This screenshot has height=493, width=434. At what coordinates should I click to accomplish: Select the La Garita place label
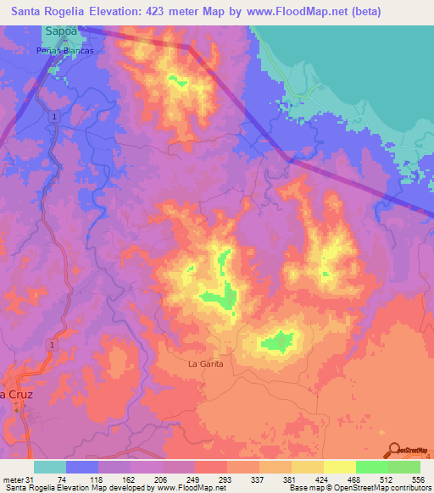pos(204,364)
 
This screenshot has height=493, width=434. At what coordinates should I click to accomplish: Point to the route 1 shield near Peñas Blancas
pos(54,115)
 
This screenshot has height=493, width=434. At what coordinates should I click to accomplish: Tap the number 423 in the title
pos(182,12)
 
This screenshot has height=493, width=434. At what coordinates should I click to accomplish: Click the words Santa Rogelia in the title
pos(48,12)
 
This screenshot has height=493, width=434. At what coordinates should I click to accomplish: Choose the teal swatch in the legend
pos(50,467)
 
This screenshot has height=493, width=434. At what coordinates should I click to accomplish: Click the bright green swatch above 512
pos(371,467)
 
